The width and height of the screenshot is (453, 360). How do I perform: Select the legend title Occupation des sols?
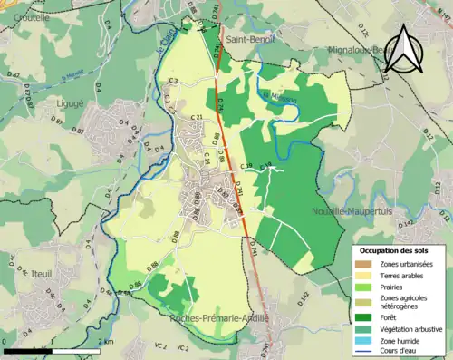pos(396,249)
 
